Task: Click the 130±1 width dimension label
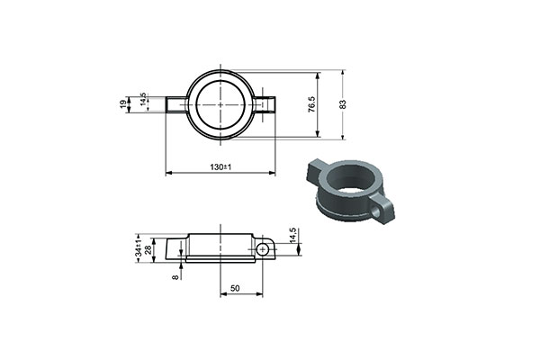220,167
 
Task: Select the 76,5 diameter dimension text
311,104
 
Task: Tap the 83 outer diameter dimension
343,104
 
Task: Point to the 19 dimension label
123,104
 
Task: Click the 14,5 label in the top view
143,100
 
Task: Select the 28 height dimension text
148,250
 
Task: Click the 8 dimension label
175,277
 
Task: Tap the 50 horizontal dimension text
235,288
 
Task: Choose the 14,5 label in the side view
293,235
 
